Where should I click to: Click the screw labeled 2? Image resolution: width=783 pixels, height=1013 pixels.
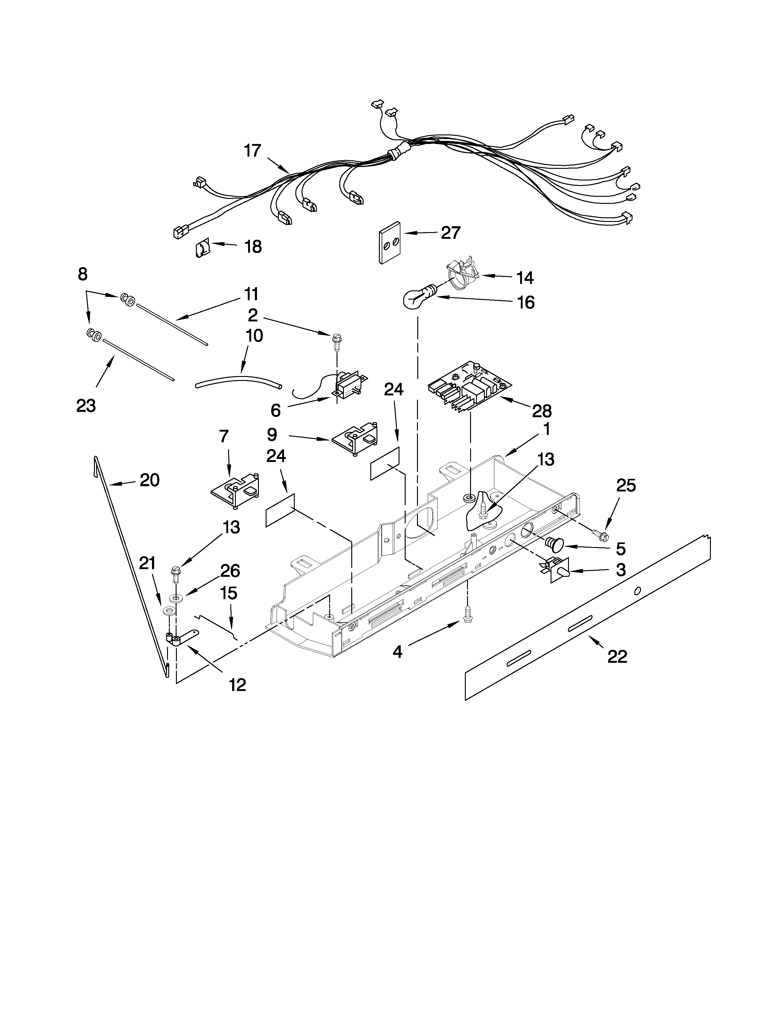(x=335, y=343)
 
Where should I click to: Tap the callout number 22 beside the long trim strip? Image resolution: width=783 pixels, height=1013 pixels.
(x=617, y=656)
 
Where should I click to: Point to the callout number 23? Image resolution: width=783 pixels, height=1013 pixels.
(x=86, y=406)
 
